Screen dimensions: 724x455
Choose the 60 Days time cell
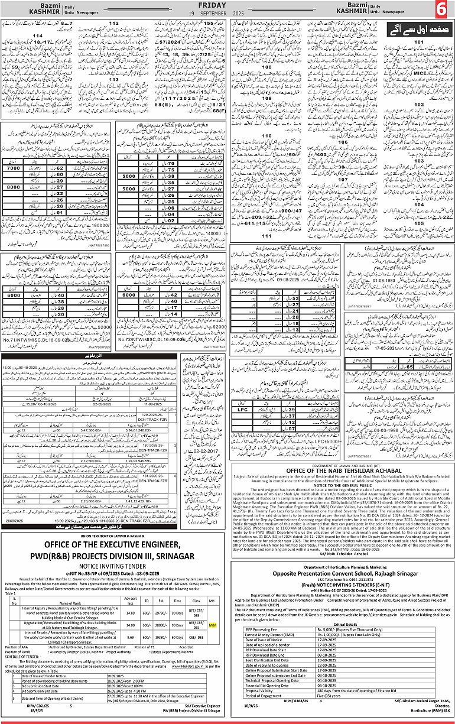pos(179,638)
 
